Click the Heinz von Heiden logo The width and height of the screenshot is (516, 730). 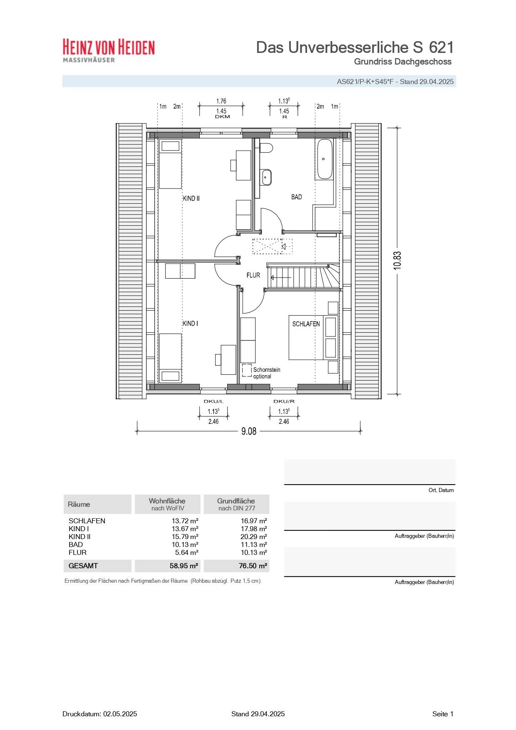(x=109, y=50)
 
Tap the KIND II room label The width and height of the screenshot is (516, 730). (x=191, y=198)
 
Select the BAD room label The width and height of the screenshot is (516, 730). (x=296, y=197)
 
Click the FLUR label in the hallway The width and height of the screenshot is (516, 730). (x=253, y=275)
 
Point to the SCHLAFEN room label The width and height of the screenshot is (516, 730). (x=306, y=324)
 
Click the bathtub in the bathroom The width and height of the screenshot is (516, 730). (x=325, y=159)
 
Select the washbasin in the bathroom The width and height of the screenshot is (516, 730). (x=266, y=177)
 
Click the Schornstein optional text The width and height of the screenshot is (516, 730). (x=266, y=373)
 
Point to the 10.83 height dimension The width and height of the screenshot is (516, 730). (x=397, y=260)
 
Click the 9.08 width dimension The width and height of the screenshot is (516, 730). (x=249, y=431)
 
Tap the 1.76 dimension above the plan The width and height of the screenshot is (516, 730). (x=221, y=101)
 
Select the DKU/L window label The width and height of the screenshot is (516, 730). (x=213, y=401)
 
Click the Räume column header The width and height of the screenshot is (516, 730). (x=79, y=504)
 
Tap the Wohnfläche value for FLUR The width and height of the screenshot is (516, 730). (x=186, y=552)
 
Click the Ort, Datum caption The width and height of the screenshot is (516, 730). (x=441, y=490)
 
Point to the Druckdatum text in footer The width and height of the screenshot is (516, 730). (x=99, y=714)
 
